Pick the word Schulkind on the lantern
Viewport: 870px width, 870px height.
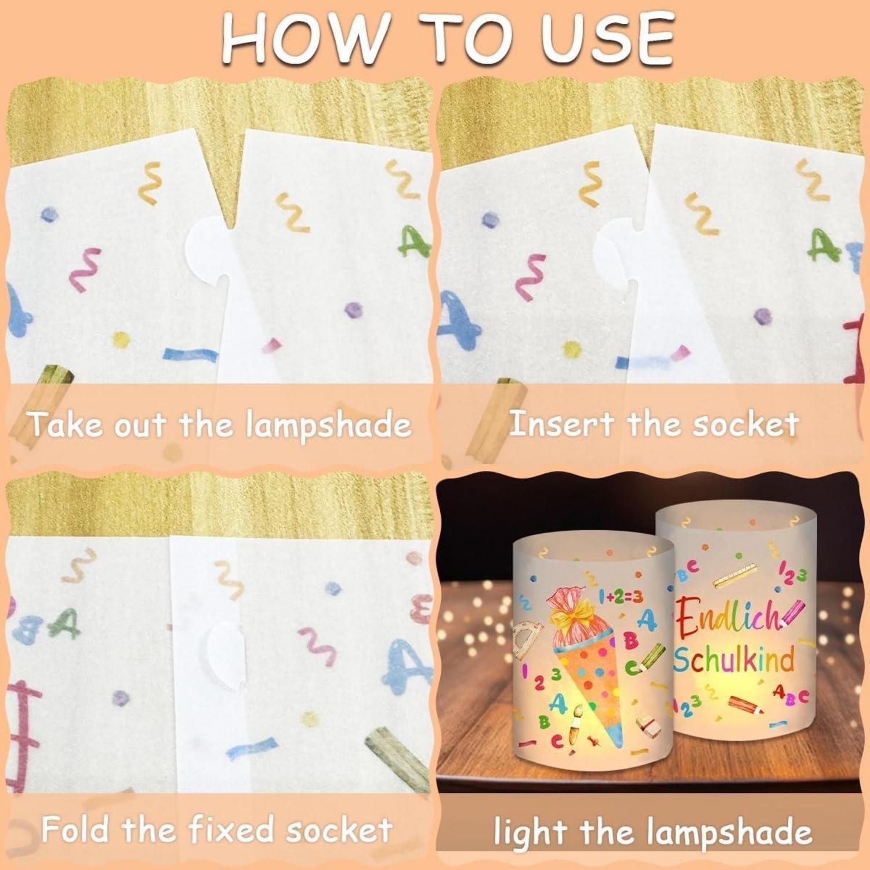[734, 659]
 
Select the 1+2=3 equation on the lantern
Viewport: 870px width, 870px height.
[620, 595]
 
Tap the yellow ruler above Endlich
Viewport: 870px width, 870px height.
[735, 575]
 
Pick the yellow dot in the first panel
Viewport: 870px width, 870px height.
[121, 339]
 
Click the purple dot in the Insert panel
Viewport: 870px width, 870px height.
[763, 316]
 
